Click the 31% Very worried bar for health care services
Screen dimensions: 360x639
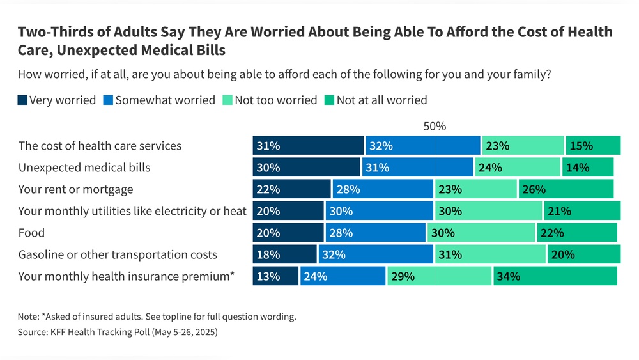308,146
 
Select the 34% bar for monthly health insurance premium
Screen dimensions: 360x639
555,276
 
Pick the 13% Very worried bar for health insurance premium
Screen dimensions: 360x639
275,276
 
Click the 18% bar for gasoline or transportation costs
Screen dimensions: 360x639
284,254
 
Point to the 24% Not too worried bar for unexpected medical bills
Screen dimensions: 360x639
517,168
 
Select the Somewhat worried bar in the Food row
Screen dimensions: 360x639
375,233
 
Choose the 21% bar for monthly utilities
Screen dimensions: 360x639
582,211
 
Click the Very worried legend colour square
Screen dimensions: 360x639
22,100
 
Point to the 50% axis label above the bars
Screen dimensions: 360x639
435,127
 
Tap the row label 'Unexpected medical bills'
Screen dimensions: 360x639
84,168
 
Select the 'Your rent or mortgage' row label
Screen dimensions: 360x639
75,189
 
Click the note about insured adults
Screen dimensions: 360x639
157,317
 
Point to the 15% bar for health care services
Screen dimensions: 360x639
592,146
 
